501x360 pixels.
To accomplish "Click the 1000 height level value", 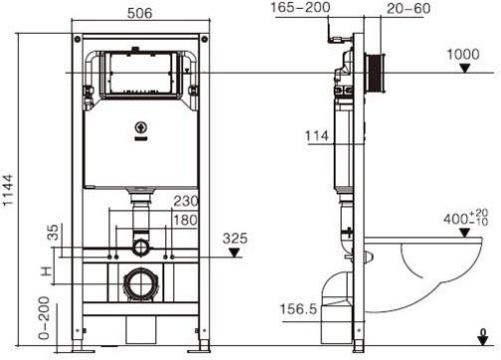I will [x=463, y=56].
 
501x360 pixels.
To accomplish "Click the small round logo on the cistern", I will [x=140, y=127].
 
